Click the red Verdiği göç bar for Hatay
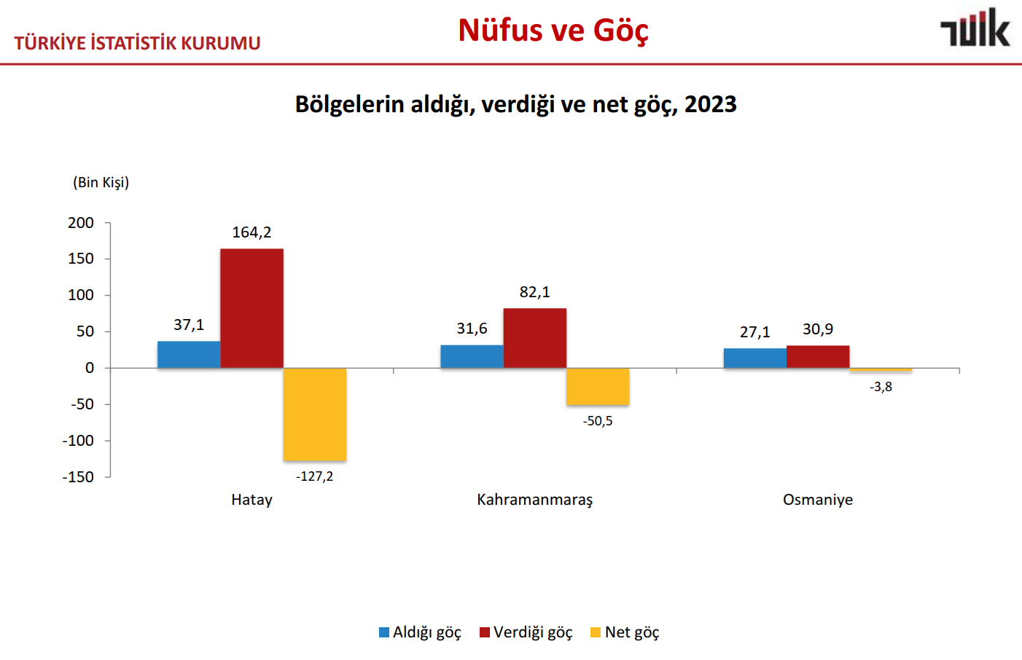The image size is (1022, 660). coord(251,308)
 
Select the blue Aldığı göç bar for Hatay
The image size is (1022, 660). coord(189,354)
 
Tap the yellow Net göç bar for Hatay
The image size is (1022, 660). coord(315,414)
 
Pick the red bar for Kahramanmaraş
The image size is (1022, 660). coord(534,338)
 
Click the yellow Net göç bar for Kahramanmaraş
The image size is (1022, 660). coord(598,386)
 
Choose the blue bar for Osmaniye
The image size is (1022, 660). coord(754,358)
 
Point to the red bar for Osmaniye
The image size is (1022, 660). coord(818,356)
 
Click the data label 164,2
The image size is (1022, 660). coord(251,232)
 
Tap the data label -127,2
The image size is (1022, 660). coord(315,476)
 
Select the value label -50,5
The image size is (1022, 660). coord(598,421)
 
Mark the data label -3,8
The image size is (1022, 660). coord(881,387)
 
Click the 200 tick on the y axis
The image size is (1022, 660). coord(81,223)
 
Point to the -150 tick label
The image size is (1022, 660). coord(78,477)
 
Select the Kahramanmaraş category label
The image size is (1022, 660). coord(534,500)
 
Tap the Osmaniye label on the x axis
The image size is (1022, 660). coord(818,500)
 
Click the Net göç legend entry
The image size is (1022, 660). coord(625,632)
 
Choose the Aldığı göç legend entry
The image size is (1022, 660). coord(420,632)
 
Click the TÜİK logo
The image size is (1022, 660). coord(975,29)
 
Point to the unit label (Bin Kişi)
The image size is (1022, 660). coord(101,182)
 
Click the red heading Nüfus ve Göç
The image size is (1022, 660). coord(553,31)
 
